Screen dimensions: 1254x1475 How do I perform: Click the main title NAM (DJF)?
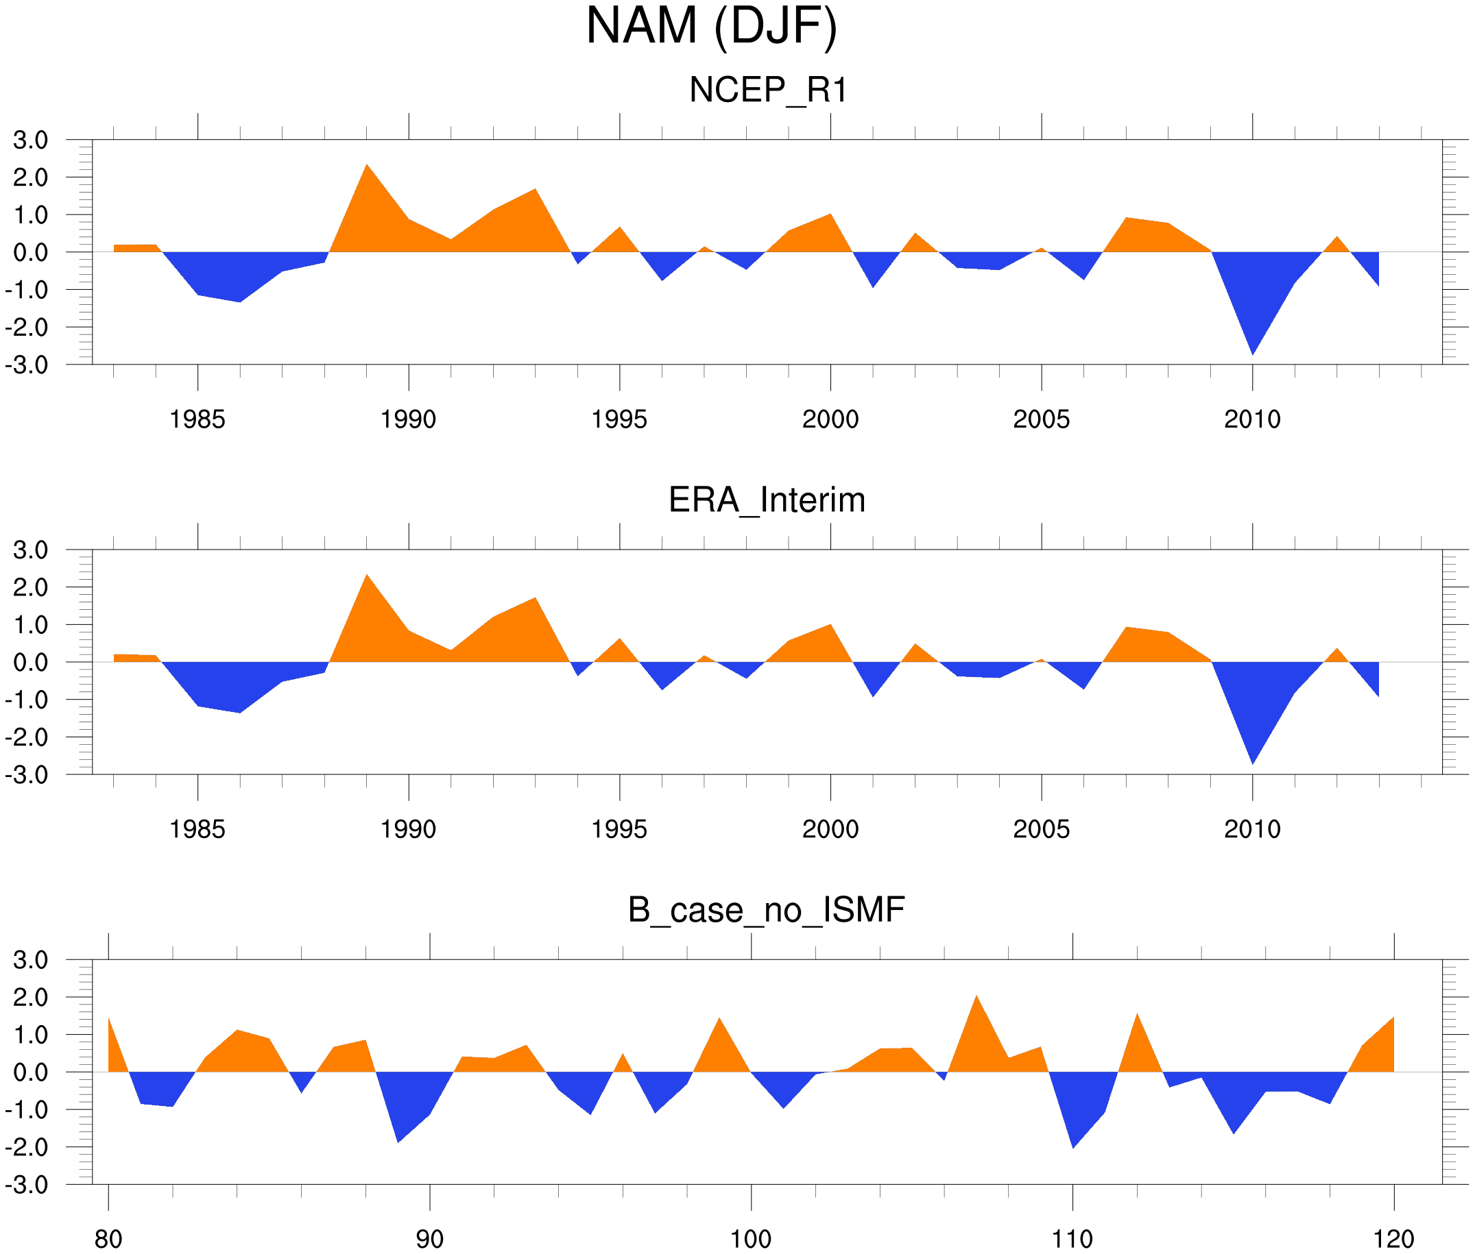pos(711,27)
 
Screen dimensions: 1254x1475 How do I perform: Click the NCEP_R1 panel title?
pos(768,90)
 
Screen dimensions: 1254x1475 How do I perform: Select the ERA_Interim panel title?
pos(767,500)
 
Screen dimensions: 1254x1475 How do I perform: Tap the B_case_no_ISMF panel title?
pos(766,910)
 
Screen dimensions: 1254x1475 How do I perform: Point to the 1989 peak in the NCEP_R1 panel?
pos(367,167)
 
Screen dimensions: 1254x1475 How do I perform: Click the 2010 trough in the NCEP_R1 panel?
pos(1252,353)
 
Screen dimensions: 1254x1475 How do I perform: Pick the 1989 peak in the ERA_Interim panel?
pos(367,576)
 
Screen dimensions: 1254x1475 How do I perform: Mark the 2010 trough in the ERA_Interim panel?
pos(1252,763)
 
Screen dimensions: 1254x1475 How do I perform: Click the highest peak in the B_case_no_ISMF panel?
pos(976,997)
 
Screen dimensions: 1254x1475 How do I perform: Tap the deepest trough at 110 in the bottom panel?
pos(1073,1146)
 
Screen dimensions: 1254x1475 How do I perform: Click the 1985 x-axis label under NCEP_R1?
pos(197,419)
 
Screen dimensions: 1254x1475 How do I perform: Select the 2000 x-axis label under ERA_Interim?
pos(830,829)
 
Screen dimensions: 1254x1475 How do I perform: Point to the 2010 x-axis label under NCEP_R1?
pos(1251,419)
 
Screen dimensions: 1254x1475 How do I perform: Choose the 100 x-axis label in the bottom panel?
pos(751,1239)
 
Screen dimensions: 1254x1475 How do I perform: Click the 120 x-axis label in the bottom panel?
pos(1393,1239)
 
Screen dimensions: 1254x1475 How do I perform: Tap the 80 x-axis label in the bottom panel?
pos(108,1239)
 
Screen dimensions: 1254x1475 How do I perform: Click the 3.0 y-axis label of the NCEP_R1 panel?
pos(31,140)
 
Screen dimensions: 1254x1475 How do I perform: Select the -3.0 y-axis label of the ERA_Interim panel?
pos(26,775)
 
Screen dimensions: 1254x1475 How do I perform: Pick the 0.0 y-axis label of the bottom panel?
pos(31,1072)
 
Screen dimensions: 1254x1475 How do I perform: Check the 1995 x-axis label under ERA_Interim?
pos(619,829)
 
